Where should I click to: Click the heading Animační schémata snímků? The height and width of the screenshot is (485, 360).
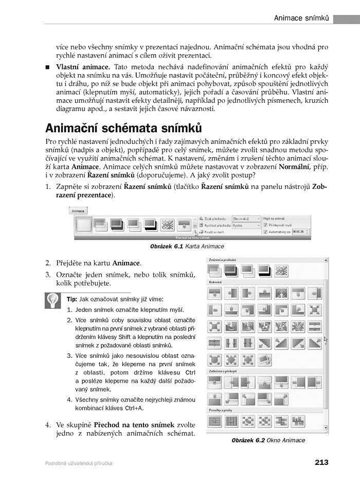123,128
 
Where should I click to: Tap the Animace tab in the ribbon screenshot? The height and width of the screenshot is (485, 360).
78,211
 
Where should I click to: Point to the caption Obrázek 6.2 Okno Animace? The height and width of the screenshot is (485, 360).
268,440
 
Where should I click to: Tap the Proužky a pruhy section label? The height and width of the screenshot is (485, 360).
221,410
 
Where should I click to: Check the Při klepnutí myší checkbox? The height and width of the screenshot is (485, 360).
265,225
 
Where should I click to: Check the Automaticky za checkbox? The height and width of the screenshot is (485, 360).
265,232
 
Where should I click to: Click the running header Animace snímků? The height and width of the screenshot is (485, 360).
301,19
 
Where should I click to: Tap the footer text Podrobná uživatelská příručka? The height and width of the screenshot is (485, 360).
79,463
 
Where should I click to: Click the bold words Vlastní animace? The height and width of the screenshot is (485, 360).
83,67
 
